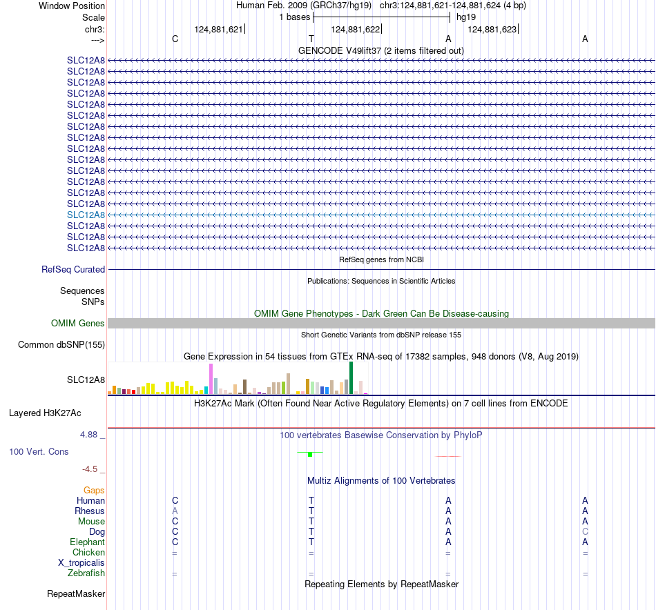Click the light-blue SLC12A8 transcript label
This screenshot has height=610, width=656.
pos(86,215)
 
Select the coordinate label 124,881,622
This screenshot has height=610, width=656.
pos(355,29)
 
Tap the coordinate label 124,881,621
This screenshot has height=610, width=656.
pos(218,29)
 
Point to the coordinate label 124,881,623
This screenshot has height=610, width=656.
pos(492,29)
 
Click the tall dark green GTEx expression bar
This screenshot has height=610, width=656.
pos(351,378)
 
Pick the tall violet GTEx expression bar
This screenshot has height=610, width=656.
pos(211,379)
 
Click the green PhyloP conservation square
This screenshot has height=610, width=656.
pos(310,455)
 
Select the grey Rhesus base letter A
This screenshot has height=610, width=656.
pos(175,511)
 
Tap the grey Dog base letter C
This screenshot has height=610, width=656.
pos(585,531)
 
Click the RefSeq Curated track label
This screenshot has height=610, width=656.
pos(73,269)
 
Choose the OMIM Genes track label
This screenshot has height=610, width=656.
pos(78,323)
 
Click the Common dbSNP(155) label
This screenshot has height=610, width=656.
pos(61,344)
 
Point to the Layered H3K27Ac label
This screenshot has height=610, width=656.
pos(45,413)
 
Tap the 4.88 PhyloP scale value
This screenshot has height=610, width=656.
pos(88,435)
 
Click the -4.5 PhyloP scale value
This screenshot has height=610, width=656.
pos(90,469)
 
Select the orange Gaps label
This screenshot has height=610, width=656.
pos(94,490)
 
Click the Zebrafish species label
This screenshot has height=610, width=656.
pos(86,573)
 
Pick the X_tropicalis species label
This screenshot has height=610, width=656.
pos(81,563)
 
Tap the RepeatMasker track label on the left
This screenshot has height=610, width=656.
pos(76,593)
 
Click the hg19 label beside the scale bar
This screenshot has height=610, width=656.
pos(466,17)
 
